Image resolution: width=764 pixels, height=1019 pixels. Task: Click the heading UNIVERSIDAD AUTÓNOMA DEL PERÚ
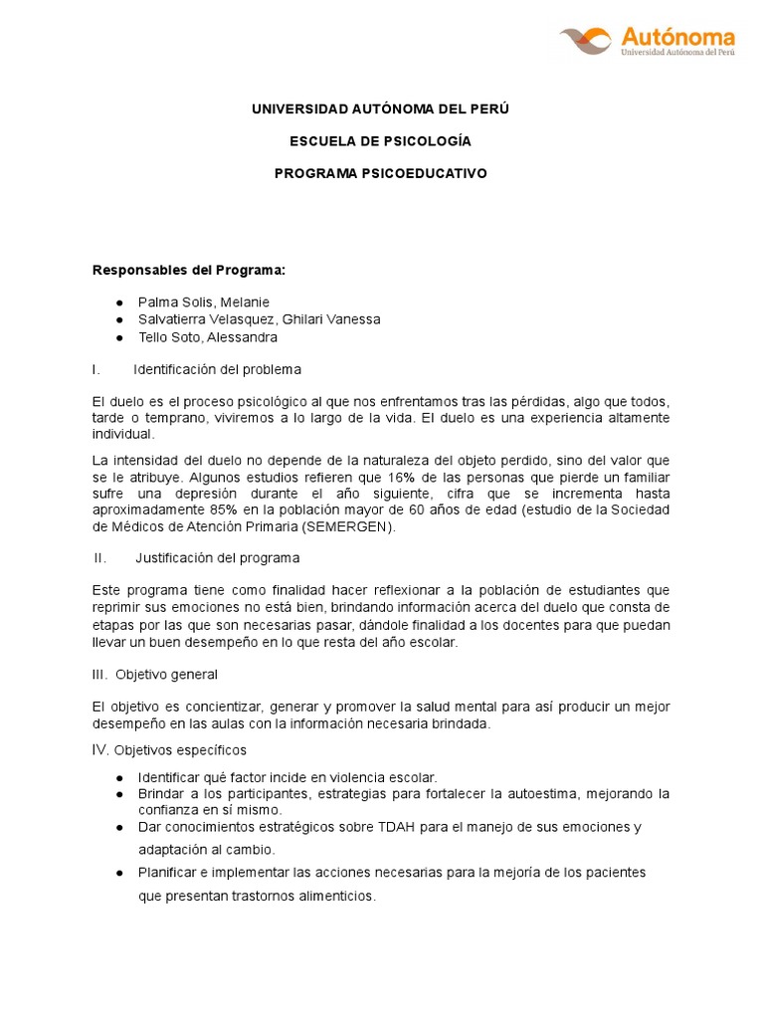click(x=380, y=107)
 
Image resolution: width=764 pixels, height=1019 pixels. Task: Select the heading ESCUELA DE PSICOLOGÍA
click(x=380, y=140)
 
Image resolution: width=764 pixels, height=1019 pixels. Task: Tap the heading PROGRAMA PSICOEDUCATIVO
click(x=380, y=173)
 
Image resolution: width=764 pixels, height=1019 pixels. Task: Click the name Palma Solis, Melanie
click(x=204, y=302)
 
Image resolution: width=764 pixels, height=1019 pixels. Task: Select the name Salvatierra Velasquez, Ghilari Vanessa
click(x=260, y=319)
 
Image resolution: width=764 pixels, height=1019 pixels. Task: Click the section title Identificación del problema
click(x=217, y=369)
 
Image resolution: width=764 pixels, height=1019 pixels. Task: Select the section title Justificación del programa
click(x=217, y=557)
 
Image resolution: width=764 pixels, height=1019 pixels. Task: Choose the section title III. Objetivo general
click(x=154, y=674)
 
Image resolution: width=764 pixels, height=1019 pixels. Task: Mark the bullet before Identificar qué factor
click(x=119, y=776)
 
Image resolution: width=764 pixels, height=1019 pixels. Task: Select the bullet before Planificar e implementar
click(x=119, y=873)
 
